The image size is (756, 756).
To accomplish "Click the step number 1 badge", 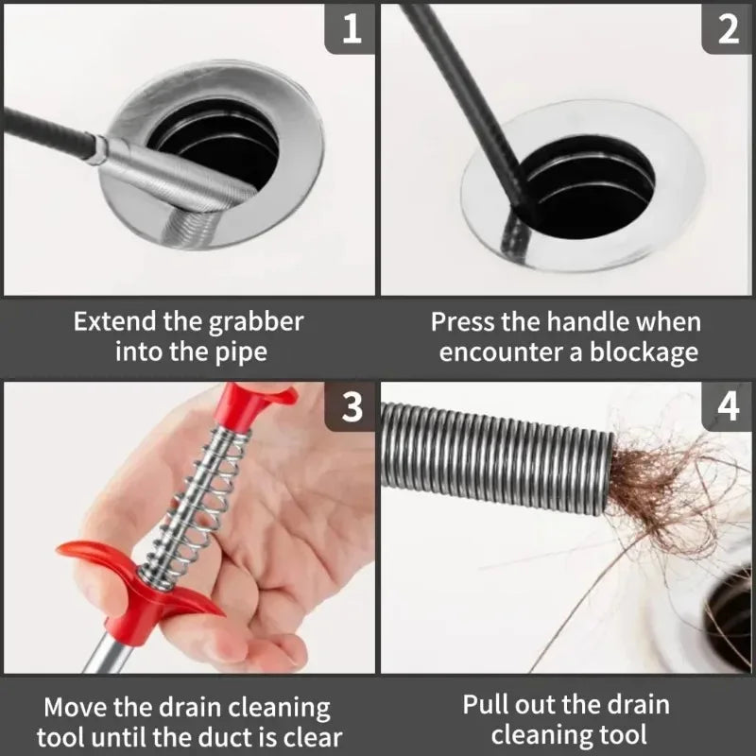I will (x=352, y=28).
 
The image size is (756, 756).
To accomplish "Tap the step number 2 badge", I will (x=728, y=28).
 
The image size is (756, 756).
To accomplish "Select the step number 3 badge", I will (x=352, y=406).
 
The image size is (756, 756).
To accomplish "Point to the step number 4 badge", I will (x=728, y=406).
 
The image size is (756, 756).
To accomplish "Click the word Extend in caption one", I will (x=115, y=321).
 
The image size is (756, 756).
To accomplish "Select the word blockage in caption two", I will (x=644, y=353).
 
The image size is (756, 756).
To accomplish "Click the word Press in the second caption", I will (x=463, y=321).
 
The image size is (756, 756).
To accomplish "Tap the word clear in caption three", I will (x=308, y=737).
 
